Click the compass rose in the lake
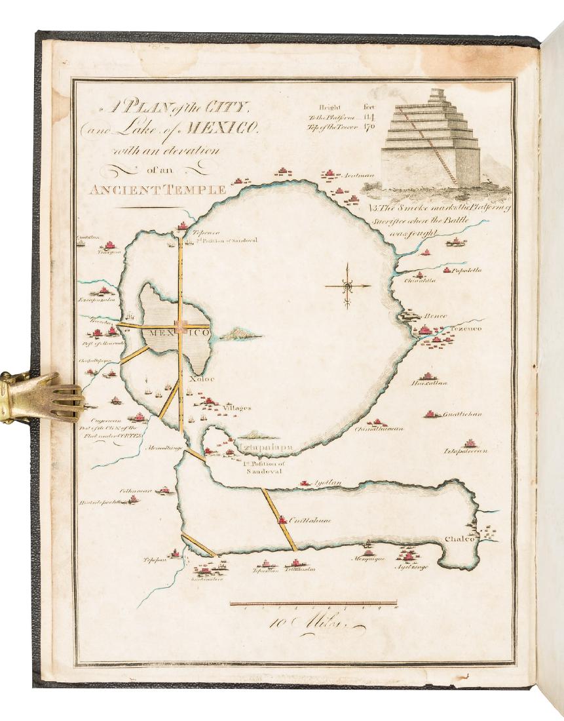pos(347,286)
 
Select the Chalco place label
pos(460,539)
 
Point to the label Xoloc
pos(197,378)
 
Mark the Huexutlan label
pos(430,383)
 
